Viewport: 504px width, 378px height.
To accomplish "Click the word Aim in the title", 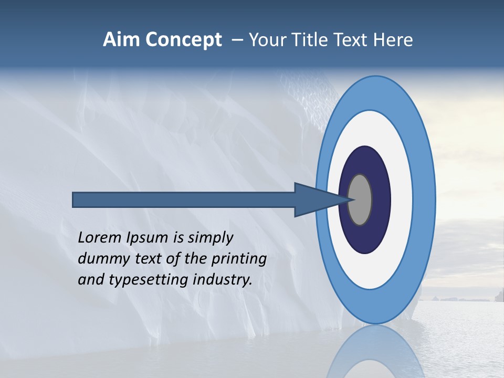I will tap(121, 40).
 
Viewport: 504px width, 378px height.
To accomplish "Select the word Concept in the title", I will tap(183, 40).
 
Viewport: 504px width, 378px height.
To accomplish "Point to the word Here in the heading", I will tap(393, 40).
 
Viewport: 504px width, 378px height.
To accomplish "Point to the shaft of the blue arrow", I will tap(184, 199).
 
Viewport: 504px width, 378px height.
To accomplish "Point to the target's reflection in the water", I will tap(375, 352).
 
